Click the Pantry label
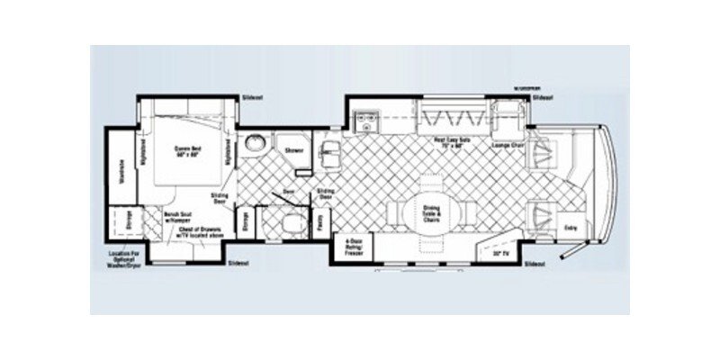click(x=321, y=220)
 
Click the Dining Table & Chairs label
click(x=429, y=212)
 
